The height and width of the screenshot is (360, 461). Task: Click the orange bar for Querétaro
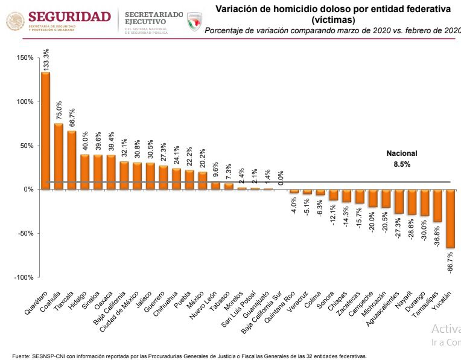pos(46,130)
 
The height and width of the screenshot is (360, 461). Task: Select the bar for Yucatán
pos(451,219)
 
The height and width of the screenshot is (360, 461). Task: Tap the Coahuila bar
pos(59,156)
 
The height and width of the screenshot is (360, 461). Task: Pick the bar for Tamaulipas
pos(437,205)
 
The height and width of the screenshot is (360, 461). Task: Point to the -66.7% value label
pos(451,262)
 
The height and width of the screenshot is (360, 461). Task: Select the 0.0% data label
pos(281,177)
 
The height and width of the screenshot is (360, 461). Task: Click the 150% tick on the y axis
pos(25,57)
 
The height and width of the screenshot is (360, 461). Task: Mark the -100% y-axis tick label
pos(24,277)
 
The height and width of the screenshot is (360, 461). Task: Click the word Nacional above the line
pos(402,153)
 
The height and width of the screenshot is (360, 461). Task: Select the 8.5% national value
pos(402,164)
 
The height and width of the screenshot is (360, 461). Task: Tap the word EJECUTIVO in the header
pos(145,21)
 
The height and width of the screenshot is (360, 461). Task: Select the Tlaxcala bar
pos(72,160)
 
